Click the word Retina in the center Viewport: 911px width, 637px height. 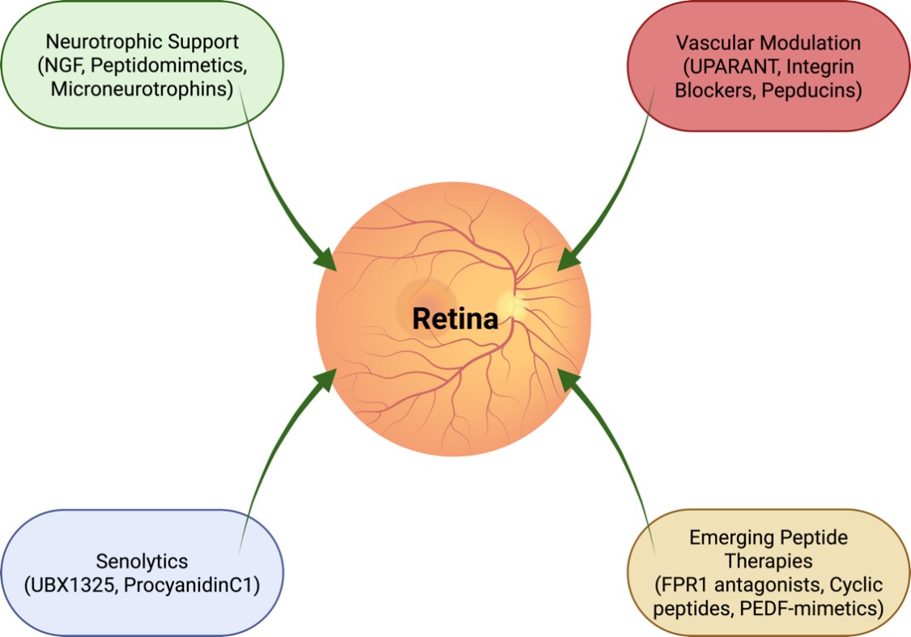[x=454, y=319]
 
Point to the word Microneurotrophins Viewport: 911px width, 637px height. [x=142, y=89]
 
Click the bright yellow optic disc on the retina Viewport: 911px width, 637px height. [x=512, y=304]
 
